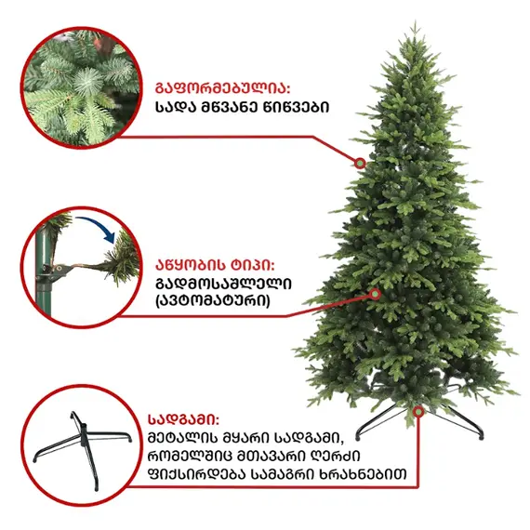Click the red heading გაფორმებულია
(222, 89)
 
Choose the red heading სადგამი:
(183, 418)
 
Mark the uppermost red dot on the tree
(360, 163)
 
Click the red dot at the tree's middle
(376, 293)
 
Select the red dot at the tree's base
(418, 410)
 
